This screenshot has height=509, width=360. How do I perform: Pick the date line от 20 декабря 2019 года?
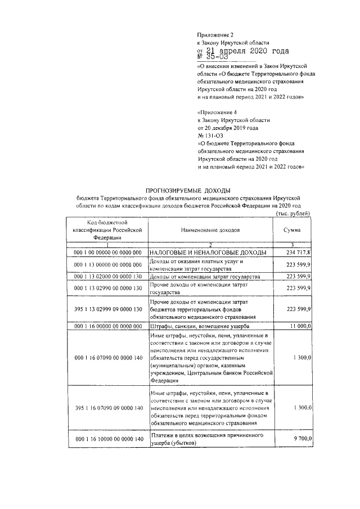click(x=227, y=128)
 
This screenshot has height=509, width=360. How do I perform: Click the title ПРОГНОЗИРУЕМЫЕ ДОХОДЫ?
click(x=188, y=191)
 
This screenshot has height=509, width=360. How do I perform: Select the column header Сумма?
click(x=291, y=231)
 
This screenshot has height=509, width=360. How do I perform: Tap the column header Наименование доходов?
click(x=210, y=231)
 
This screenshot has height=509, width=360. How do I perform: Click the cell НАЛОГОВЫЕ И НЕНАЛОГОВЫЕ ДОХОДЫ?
click(x=208, y=253)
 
